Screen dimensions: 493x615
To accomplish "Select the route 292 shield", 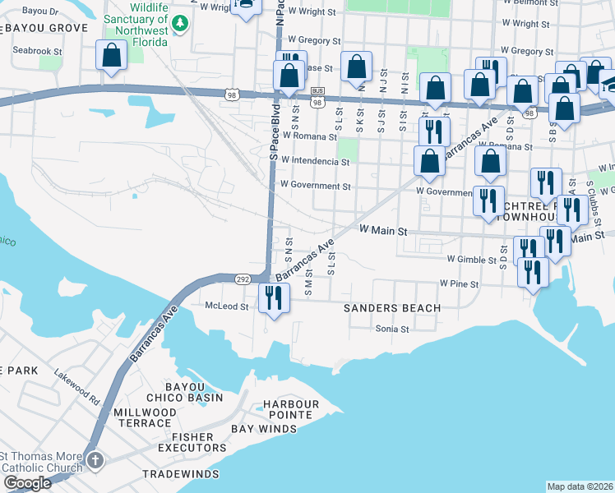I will (243, 280).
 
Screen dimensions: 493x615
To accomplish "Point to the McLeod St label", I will (226, 306).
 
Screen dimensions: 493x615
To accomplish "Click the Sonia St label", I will (392, 329).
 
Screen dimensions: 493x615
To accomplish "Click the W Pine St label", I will (459, 283).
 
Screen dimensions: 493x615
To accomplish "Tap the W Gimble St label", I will (474, 259).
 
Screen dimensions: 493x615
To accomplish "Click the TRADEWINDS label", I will (181, 475).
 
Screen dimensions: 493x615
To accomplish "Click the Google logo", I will (27, 483).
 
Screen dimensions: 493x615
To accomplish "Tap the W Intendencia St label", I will (309, 161).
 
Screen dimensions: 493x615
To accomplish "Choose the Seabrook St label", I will (38, 51).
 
